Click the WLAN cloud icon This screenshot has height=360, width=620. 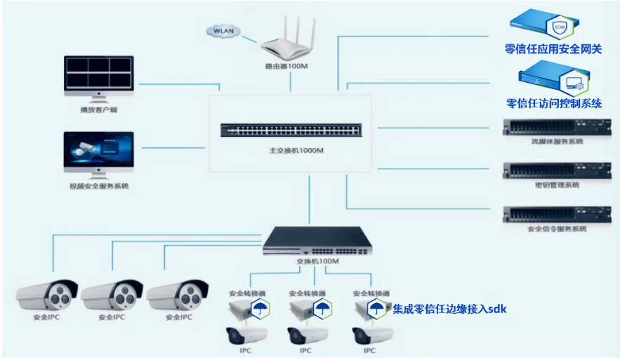(x=224, y=32)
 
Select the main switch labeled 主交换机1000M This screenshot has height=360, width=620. (x=291, y=130)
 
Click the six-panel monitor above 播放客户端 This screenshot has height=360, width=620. (x=98, y=75)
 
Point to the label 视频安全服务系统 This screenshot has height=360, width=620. (x=99, y=186)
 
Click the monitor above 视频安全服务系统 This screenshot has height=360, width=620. (x=98, y=152)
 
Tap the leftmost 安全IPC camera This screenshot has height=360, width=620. (x=46, y=294)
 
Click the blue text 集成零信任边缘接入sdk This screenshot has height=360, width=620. (x=449, y=308)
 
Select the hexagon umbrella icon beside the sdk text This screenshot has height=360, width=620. (x=377, y=308)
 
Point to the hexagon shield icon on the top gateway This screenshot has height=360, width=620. (x=560, y=27)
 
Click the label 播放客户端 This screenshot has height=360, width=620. (x=98, y=109)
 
